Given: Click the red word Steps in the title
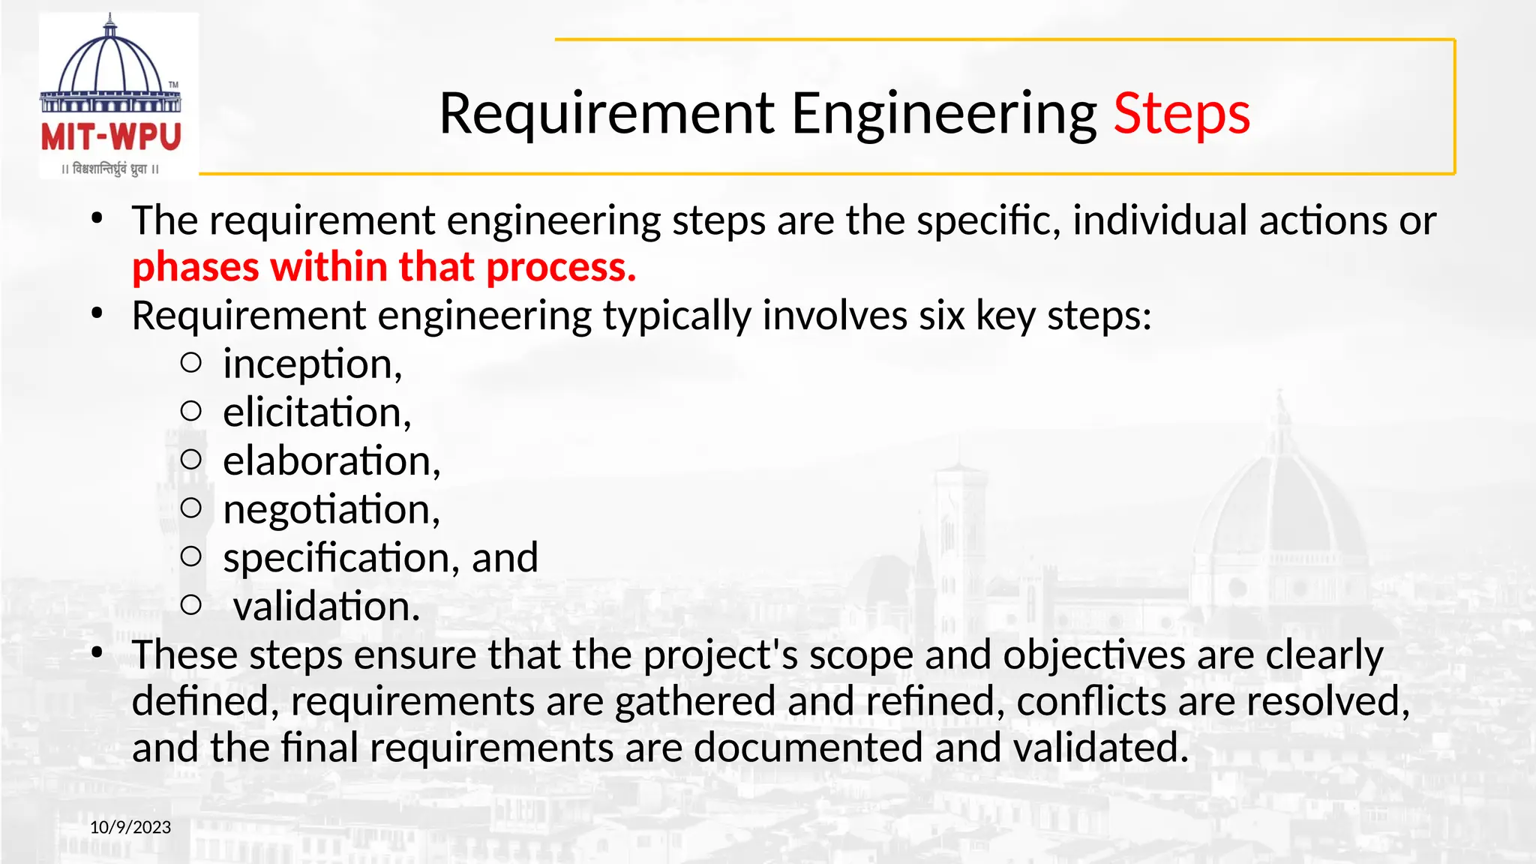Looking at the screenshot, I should (x=1181, y=114).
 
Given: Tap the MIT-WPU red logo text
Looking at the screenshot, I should (x=111, y=138).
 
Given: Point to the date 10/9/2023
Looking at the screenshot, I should (x=130, y=827).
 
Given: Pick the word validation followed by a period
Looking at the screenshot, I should (x=326, y=606).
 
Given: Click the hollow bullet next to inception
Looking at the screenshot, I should (x=191, y=363).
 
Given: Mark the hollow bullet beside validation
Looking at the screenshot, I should (x=191, y=604).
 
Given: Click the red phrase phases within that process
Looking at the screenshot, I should (x=384, y=267).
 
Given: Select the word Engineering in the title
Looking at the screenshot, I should (x=943, y=114).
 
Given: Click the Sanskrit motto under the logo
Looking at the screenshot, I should (x=111, y=169).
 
